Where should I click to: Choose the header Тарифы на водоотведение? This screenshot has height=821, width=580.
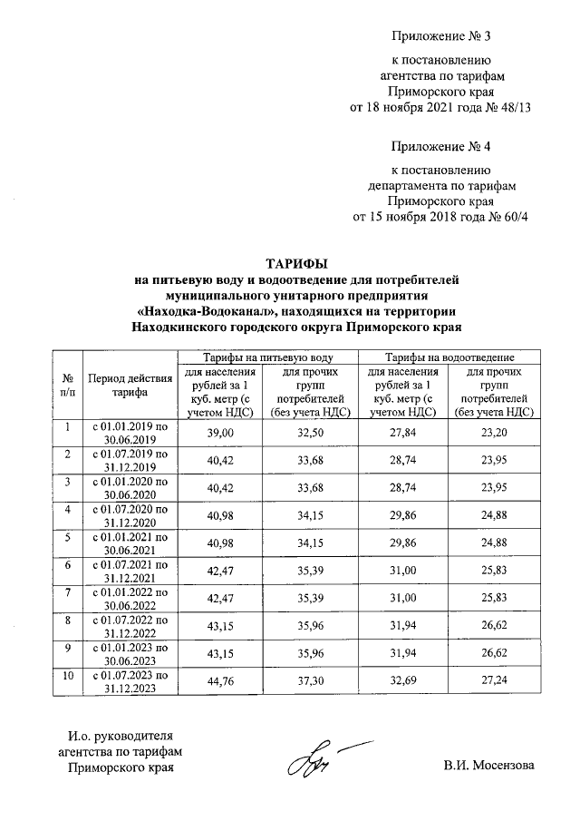pyautogui.click(x=450, y=359)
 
